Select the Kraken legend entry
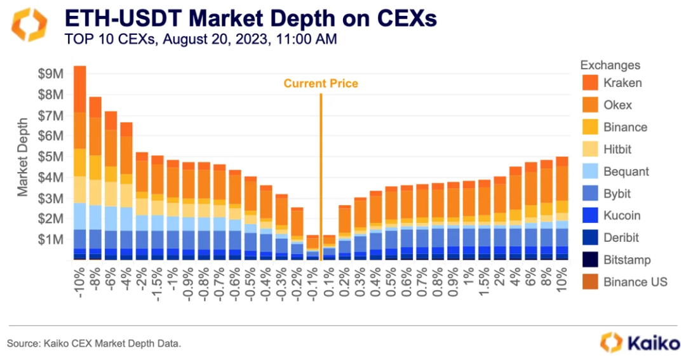click(x=622, y=83)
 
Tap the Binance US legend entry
click(x=635, y=282)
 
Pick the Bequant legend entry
click(x=626, y=171)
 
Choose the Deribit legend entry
click(x=621, y=237)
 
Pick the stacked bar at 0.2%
click(x=345, y=232)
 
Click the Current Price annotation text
click(x=321, y=83)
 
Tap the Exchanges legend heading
click(x=610, y=65)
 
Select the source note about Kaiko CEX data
click(x=94, y=343)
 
